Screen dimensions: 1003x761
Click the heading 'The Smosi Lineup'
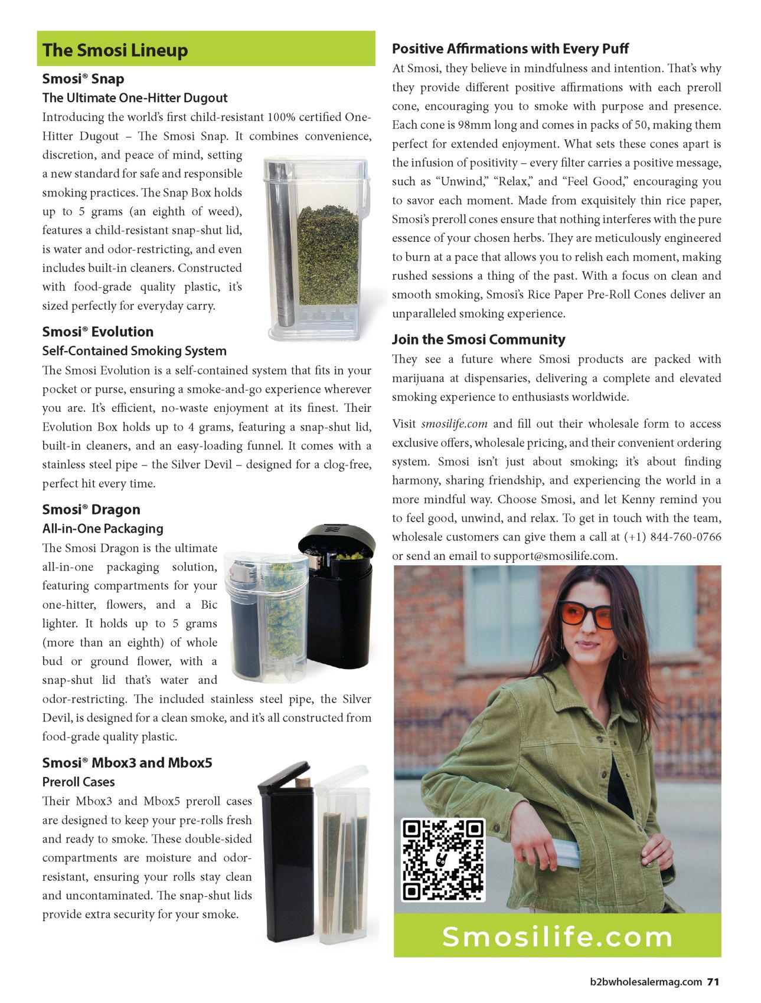point(115,50)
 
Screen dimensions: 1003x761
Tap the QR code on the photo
point(443,859)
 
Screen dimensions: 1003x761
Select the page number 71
point(713,982)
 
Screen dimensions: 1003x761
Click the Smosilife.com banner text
point(557,937)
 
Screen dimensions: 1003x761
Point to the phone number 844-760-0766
point(685,537)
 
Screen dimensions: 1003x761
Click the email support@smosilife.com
point(555,556)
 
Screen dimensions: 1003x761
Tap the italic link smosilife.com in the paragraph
point(454,424)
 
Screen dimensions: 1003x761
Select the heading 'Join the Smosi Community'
point(478,339)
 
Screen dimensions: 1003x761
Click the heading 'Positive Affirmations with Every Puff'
point(510,48)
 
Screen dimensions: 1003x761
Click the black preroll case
point(286,855)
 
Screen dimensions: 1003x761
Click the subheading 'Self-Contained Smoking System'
point(134,351)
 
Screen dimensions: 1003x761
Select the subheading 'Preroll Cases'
point(79,782)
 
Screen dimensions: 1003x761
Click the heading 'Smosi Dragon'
point(91,510)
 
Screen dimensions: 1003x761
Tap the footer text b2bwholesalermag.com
point(646,982)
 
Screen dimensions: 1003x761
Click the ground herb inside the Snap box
point(328,254)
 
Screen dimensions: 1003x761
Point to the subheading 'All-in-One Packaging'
point(103,529)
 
